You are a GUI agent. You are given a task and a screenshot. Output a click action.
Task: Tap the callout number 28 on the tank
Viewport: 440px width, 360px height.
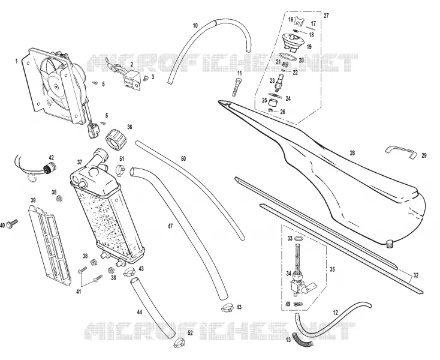[352, 153]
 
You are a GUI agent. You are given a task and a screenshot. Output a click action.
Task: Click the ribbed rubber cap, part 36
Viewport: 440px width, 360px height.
[116, 139]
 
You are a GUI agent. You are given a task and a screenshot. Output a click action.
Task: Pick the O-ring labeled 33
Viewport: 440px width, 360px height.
[299, 239]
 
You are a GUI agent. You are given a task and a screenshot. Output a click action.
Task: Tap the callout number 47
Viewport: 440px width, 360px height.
[170, 226]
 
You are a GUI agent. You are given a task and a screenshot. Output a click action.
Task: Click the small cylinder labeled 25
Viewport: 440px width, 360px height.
[273, 102]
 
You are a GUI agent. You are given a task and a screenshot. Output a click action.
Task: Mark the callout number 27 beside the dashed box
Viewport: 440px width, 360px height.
[326, 16]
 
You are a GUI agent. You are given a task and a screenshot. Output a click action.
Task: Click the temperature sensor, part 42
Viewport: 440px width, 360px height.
[49, 169]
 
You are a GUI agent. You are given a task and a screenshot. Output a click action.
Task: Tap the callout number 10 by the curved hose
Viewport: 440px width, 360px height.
[195, 26]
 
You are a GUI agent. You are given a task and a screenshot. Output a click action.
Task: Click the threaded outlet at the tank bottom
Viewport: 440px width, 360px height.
[389, 244]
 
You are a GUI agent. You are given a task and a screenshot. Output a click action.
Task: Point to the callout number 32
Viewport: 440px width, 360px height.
[416, 275]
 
